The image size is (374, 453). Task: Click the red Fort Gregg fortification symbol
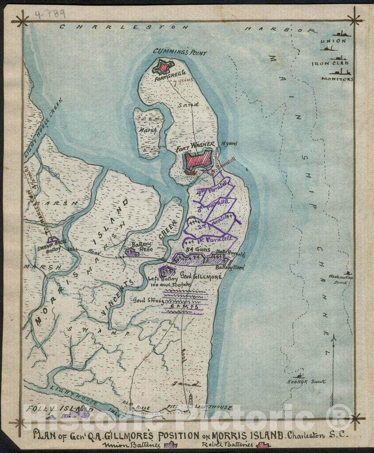[163, 67]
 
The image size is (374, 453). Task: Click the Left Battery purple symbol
[166, 271]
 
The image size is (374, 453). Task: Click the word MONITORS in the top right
[337, 79]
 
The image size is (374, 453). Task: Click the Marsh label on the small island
[148, 131]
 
